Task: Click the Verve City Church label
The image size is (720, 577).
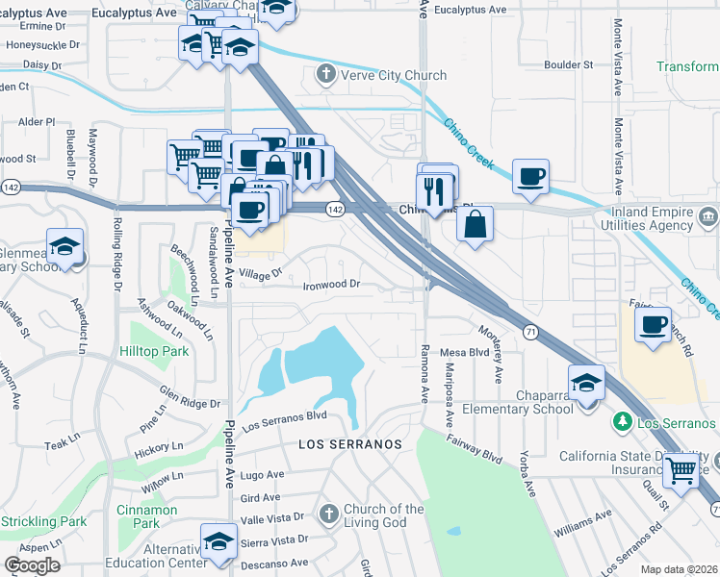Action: [395, 75]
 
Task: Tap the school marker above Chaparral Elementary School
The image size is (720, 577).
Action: [585, 383]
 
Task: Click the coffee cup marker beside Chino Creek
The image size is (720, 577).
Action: [530, 176]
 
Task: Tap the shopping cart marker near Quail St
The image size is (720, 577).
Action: [681, 470]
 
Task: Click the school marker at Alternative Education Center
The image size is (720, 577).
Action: [219, 540]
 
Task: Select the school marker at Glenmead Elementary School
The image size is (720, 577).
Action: [65, 246]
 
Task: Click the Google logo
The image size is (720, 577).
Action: [32, 565]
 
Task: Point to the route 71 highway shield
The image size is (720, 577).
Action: [530, 330]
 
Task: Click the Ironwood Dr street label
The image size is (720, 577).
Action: [331, 285]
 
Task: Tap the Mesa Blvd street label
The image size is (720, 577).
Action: [466, 352]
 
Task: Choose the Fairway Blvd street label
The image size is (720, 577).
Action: [479, 450]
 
